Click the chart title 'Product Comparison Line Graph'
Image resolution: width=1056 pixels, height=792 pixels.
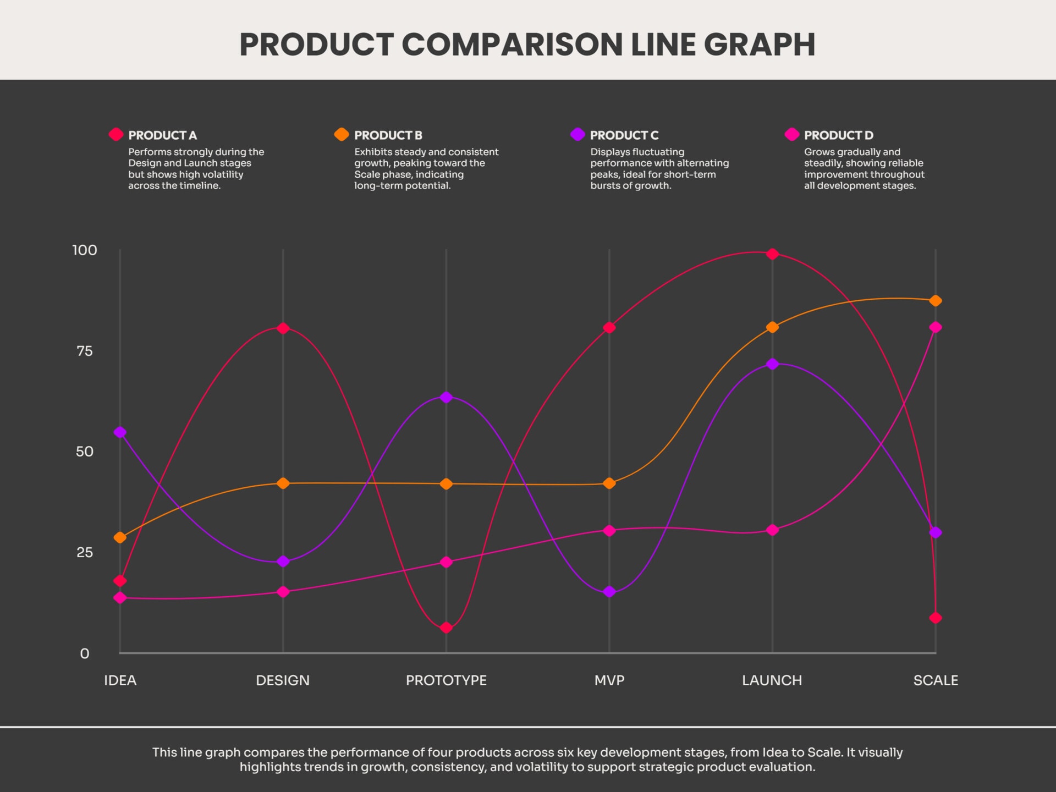pos(527,45)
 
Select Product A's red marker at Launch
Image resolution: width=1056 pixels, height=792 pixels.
pos(772,254)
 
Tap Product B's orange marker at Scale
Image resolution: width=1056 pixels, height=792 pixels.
pos(935,301)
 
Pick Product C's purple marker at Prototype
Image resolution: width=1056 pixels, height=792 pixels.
pos(446,397)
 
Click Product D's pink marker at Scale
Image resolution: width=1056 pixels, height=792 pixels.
pos(935,327)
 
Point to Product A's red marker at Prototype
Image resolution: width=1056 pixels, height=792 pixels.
pos(446,628)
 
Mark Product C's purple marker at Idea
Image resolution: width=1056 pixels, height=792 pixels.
pos(120,432)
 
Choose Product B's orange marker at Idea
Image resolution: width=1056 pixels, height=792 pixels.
pos(120,537)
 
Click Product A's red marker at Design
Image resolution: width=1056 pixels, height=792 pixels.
pos(283,328)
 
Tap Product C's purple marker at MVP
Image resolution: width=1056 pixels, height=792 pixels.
pos(609,592)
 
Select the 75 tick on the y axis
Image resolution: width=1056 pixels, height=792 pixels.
pos(85,351)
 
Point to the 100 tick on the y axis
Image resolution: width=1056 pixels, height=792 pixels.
pos(85,250)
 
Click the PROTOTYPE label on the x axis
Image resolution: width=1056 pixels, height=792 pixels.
pos(446,680)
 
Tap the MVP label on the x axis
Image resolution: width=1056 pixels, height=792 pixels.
pos(609,680)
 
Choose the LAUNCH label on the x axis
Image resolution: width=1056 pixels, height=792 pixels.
pos(772,680)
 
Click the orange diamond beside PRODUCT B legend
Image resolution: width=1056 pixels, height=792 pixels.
pos(342,134)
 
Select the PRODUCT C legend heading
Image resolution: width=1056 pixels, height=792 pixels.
pos(624,135)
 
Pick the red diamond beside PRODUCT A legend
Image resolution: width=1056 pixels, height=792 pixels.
pos(116,134)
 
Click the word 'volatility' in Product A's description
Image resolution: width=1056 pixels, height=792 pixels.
pos(222,174)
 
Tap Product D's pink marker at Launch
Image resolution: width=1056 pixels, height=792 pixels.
pos(772,530)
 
